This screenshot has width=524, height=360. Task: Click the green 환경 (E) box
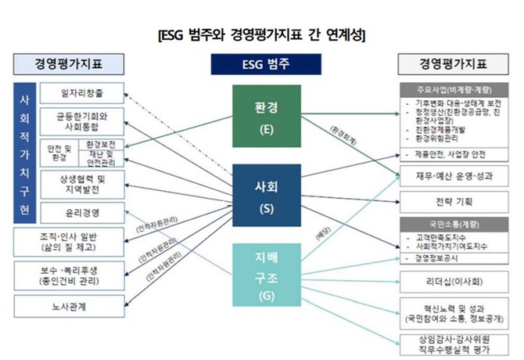[x=266, y=116]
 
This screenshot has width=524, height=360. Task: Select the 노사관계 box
[x=66, y=304]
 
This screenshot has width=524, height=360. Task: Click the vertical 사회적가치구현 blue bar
[x=24, y=153]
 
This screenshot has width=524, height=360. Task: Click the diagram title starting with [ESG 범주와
[x=262, y=35]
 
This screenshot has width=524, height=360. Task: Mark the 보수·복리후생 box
[x=66, y=275]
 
